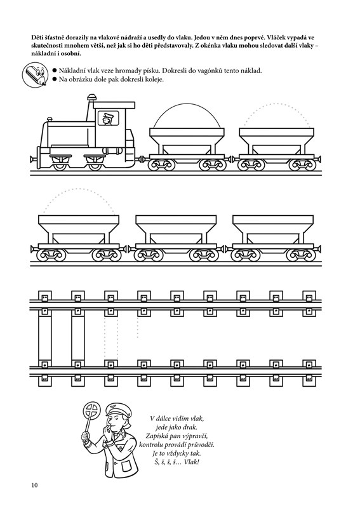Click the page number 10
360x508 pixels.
pos(35,485)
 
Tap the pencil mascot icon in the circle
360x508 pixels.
pos(34,76)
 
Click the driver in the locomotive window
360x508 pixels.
pos(107,119)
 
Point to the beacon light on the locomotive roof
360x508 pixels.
pos(91,98)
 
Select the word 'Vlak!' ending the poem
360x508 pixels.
pos(191,462)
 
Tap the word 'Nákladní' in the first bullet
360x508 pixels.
pos(70,70)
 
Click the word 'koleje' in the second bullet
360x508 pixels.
pos(155,79)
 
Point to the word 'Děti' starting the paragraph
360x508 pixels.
pos(37,37)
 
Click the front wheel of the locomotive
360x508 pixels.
pos(59,164)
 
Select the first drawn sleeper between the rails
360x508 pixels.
pos(44,338)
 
